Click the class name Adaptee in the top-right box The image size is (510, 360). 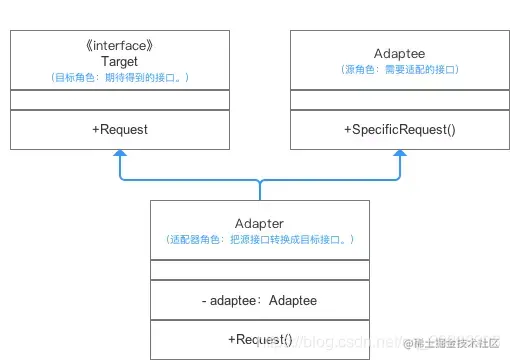click(x=400, y=52)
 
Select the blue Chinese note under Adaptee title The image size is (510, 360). click(x=400, y=69)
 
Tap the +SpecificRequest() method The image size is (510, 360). click(x=400, y=129)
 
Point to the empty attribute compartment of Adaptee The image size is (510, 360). click(x=400, y=100)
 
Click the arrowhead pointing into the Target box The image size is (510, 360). click(x=120, y=155)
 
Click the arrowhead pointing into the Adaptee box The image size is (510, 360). click(x=400, y=155)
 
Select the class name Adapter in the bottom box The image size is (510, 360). click(x=259, y=223)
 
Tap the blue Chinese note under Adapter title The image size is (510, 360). click(x=259, y=240)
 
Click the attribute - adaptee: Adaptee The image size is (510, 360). click(x=259, y=300)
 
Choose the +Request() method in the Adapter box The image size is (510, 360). click(x=259, y=339)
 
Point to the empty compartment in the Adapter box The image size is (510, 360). click(x=259, y=270)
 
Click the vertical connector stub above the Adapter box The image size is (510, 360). click(x=259, y=191)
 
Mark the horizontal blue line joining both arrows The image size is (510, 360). click(x=190, y=181)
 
